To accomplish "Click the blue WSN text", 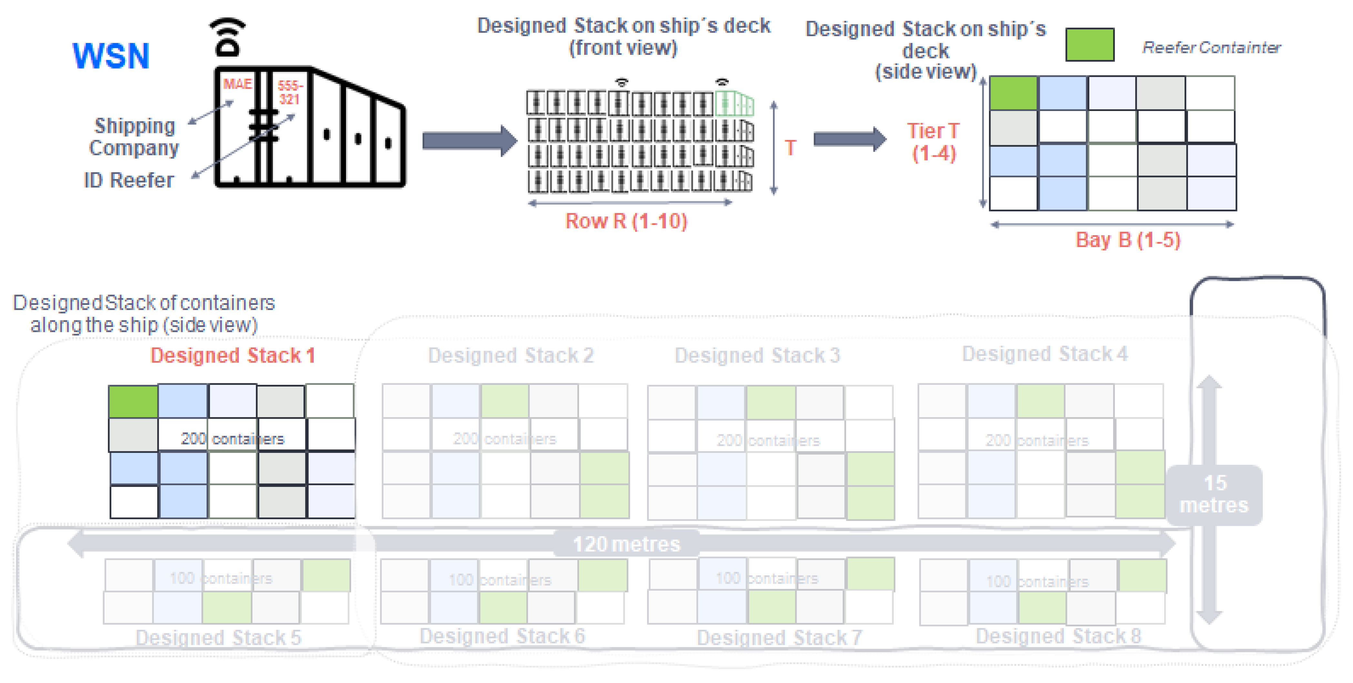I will point(111,55).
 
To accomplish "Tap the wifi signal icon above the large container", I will point(228,37).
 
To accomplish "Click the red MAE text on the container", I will point(238,84).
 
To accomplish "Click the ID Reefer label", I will point(129,180).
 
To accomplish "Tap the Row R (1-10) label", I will point(626,221).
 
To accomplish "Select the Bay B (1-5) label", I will point(1128,240).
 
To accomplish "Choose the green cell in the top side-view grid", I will point(1013,93).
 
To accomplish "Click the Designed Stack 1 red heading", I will point(233,356).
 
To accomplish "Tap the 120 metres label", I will point(626,544).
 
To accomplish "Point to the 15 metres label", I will point(1214,494).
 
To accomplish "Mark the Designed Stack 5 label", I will point(219,637).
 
